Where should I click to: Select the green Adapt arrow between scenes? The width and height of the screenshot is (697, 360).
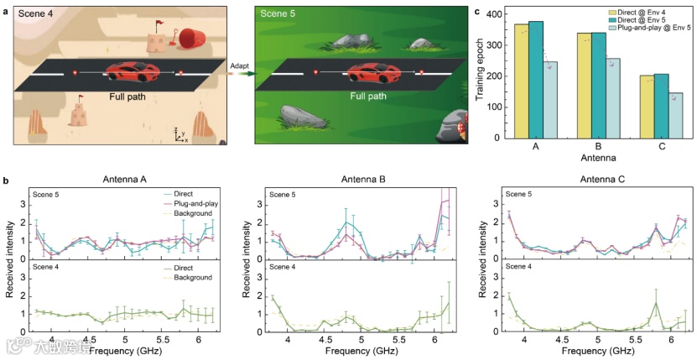[x=242, y=74]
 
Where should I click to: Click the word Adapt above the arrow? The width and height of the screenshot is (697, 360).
[x=239, y=63]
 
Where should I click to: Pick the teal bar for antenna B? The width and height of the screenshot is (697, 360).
[x=599, y=86]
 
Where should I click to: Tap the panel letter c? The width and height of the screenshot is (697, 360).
[x=476, y=11]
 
